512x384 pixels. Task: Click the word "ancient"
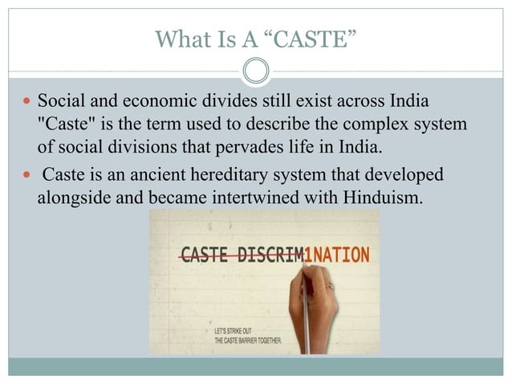143,176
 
